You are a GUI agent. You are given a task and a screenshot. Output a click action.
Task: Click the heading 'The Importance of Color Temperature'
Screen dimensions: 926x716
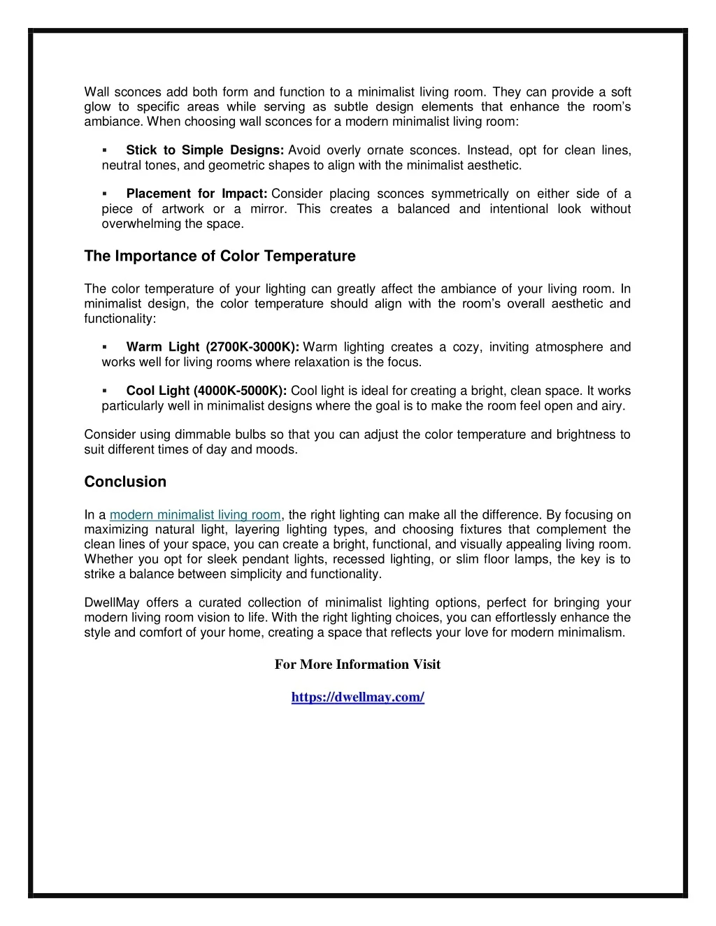(220, 256)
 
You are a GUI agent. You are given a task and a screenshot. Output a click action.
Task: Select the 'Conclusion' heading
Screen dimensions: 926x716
(125, 482)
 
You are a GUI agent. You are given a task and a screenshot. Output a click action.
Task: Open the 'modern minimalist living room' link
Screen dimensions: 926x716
(195, 515)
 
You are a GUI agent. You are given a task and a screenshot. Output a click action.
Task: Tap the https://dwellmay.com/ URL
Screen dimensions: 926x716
(357, 697)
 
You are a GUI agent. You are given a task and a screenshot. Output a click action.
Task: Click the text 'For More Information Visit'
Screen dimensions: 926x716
(357, 665)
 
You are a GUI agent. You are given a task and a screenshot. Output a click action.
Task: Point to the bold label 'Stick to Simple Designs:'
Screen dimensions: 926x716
(204, 150)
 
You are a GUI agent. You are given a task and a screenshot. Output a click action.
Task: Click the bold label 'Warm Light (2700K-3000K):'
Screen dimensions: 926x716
(213, 347)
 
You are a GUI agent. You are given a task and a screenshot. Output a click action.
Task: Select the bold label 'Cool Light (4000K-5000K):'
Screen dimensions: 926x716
(206, 391)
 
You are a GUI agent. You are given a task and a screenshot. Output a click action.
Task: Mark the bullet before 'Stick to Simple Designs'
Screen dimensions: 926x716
(104, 151)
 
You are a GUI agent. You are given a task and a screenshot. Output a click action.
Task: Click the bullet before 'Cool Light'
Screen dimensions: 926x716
(104, 391)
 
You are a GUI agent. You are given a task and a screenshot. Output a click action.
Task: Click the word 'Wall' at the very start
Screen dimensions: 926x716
(96, 92)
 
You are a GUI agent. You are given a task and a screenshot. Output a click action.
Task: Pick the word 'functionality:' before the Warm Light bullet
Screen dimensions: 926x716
(120, 319)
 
